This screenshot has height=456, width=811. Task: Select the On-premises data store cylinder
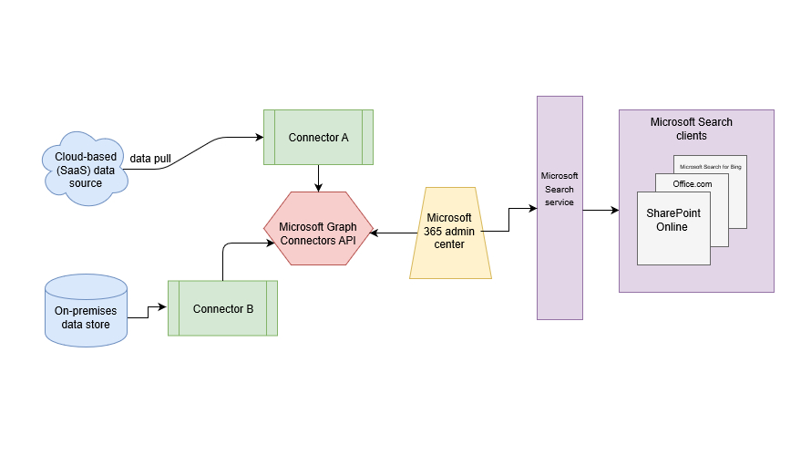pyautogui.click(x=87, y=311)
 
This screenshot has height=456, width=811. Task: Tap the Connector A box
pyautogui.click(x=318, y=138)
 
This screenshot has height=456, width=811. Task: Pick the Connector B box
pyautogui.click(x=222, y=308)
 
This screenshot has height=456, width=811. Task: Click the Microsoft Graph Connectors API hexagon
pyautogui.click(x=318, y=228)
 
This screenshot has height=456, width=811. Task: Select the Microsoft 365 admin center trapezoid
pyautogui.click(x=449, y=233)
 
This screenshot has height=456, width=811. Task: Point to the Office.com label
pyautogui.click(x=693, y=183)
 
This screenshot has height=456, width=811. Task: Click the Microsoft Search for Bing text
pyautogui.click(x=711, y=167)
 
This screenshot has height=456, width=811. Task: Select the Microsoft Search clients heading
pyautogui.click(x=691, y=129)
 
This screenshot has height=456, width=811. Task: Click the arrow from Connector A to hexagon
pyautogui.click(x=318, y=178)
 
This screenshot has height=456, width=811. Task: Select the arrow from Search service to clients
pyautogui.click(x=601, y=211)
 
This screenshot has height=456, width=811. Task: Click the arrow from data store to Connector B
pyautogui.click(x=148, y=312)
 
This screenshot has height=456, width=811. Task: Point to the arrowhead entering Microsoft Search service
pyautogui.click(x=532, y=209)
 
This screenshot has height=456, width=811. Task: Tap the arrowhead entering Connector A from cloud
pyautogui.click(x=259, y=138)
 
